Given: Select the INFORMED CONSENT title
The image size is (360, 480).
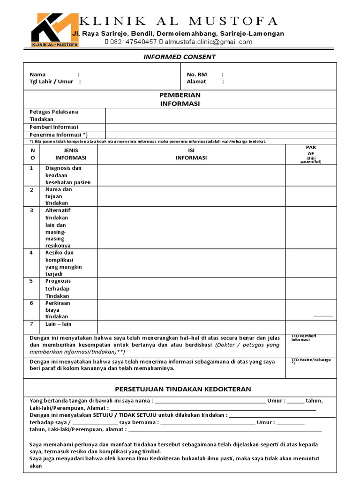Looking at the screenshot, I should tap(180, 57).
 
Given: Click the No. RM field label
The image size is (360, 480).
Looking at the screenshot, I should tap(196, 74).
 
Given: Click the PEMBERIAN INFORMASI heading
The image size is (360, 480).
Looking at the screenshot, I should tap(180, 99).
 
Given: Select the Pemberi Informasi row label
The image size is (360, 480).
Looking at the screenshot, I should tap(54, 127).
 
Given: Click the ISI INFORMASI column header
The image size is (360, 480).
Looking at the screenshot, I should tap(191, 154).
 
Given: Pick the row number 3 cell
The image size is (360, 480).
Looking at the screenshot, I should tap(32, 210).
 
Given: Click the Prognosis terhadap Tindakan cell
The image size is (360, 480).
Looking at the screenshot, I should tap(58, 288).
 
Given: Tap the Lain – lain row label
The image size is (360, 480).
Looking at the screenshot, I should tap(59, 324).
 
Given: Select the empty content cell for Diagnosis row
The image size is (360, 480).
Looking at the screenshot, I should tap(191, 175).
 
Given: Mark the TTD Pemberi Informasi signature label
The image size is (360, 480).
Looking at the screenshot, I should tap(304, 338).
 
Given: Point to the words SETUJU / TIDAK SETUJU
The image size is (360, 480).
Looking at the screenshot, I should tap(124, 415).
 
